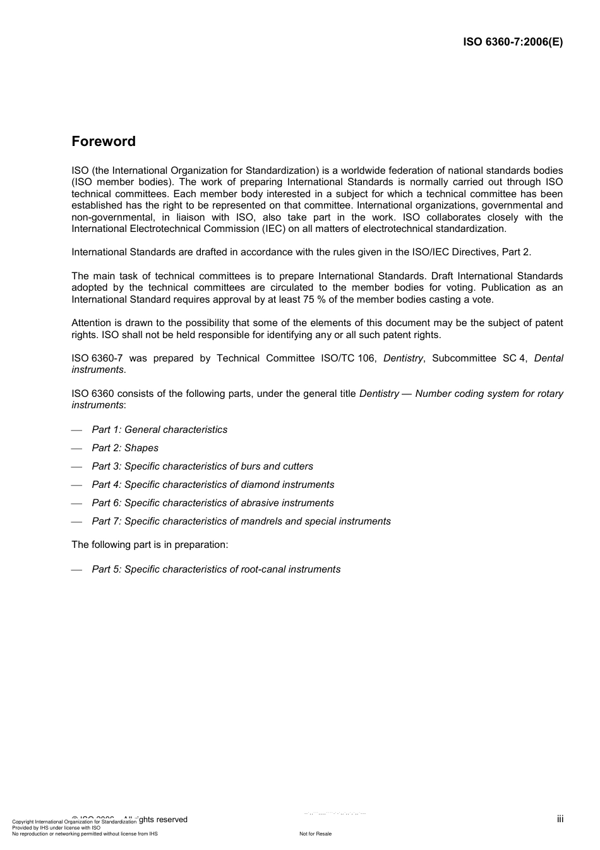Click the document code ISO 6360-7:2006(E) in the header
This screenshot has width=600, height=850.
513,42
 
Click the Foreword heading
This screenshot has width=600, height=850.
104,142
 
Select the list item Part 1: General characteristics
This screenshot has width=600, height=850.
159,430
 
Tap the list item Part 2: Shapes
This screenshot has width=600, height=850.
125,448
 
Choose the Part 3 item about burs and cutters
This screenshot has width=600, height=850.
202,466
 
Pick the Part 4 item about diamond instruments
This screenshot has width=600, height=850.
213,485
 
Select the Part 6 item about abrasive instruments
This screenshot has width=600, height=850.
213,503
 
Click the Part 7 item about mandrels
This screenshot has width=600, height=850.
241,521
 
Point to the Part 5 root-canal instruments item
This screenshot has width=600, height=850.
216,569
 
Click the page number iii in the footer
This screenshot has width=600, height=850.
560,819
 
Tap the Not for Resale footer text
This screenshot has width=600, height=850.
315,834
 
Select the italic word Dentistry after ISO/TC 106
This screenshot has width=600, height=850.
403,358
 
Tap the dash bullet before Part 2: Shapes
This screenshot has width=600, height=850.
77,449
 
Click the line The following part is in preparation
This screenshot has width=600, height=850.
150,545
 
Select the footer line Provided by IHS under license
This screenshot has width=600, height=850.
56,827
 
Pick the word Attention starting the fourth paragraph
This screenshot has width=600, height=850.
92,323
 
